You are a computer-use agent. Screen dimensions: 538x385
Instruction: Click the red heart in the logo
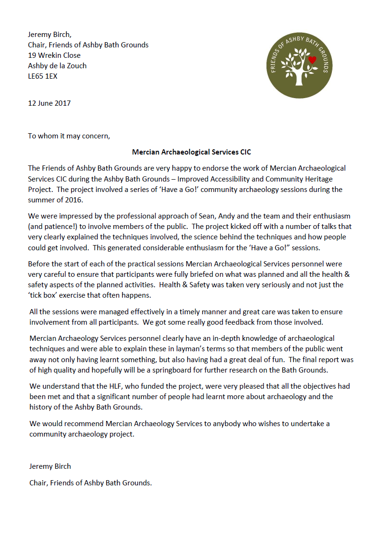pyautogui.click(x=312, y=60)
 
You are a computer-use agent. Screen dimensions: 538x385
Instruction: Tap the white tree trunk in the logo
pyautogui.click(x=299, y=79)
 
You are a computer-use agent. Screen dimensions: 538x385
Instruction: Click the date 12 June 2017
pyautogui.click(x=49, y=103)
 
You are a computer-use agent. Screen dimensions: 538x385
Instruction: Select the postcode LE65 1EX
pyautogui.click(x=43, y=76)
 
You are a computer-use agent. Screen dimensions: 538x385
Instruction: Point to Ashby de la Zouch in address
pyautogui.click(x=57, y=65)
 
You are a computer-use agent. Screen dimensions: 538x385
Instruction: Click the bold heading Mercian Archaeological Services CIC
pyautogui.click(x=192, y=152)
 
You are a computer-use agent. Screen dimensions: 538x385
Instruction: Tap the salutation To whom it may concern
pyautogui.click(x=69, y=136)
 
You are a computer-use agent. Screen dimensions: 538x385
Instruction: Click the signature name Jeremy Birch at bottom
pyautogui.click(x=50, y=466)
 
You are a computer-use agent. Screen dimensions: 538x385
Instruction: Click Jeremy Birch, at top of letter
pyautogui.click(x=50, y=34)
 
